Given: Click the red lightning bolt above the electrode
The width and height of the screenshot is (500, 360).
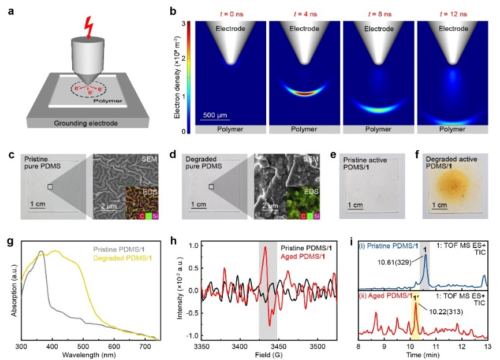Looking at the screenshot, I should (89, 27).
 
